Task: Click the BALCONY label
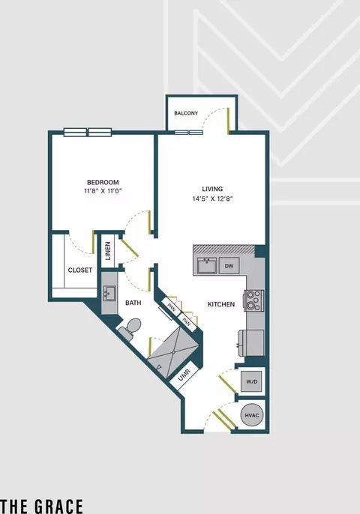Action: click(x=186, y=113)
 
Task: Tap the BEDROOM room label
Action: click(x=103, y=182)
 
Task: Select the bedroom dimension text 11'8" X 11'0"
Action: click(x=103, y=191)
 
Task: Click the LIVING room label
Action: click(x=212, y=189)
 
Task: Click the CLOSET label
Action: click(x=80, y=270)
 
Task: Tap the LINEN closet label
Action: click(x=108, y=251)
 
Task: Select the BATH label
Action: click(x=133, y=303)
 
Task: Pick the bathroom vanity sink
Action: click(x=109, y=293)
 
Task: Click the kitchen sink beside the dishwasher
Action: click(x=207, y=265)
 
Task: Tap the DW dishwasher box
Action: click(x=229, y=265)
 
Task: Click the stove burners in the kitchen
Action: click(x=253, y=300)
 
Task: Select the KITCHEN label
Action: click(x=221, y=304)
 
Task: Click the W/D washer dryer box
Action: click(x=252, y=381)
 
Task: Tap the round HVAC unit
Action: click(x=252, y=415)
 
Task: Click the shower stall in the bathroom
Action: click(x=174, y=351)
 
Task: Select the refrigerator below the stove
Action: click(x=251, y=343)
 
